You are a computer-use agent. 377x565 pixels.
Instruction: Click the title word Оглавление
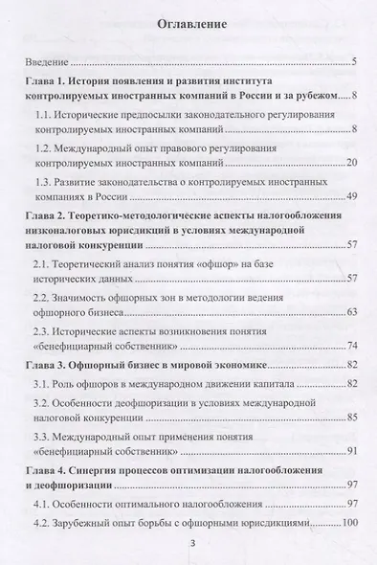tap(188, 27)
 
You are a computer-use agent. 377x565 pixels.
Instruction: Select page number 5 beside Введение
tap(353, 63)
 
